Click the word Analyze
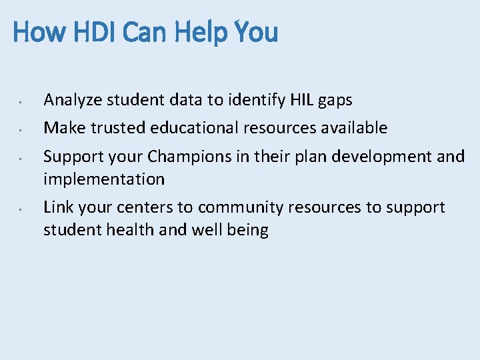coord(73,101)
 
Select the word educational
coord(194,127)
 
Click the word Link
coord(58,207)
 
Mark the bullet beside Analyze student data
coord(21,102)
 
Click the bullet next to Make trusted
coord(21,128)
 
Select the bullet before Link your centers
coord(21,209)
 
